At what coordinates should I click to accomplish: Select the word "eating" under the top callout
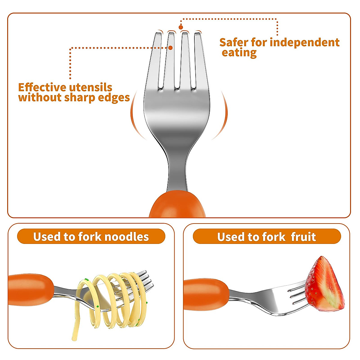pyautogui.click(x=239, y=53)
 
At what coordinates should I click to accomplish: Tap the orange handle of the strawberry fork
pyautogui.click(x=205, y=294)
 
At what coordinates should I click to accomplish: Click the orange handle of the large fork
pyautogui.click(x=178, y=205)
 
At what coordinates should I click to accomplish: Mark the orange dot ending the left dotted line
pyautogui.click(x=170, y=48)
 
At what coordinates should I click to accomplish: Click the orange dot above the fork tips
pyautogui.click(x=181, y=27)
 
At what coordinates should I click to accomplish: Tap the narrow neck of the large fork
pyautogui.click(x=178, y=174)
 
